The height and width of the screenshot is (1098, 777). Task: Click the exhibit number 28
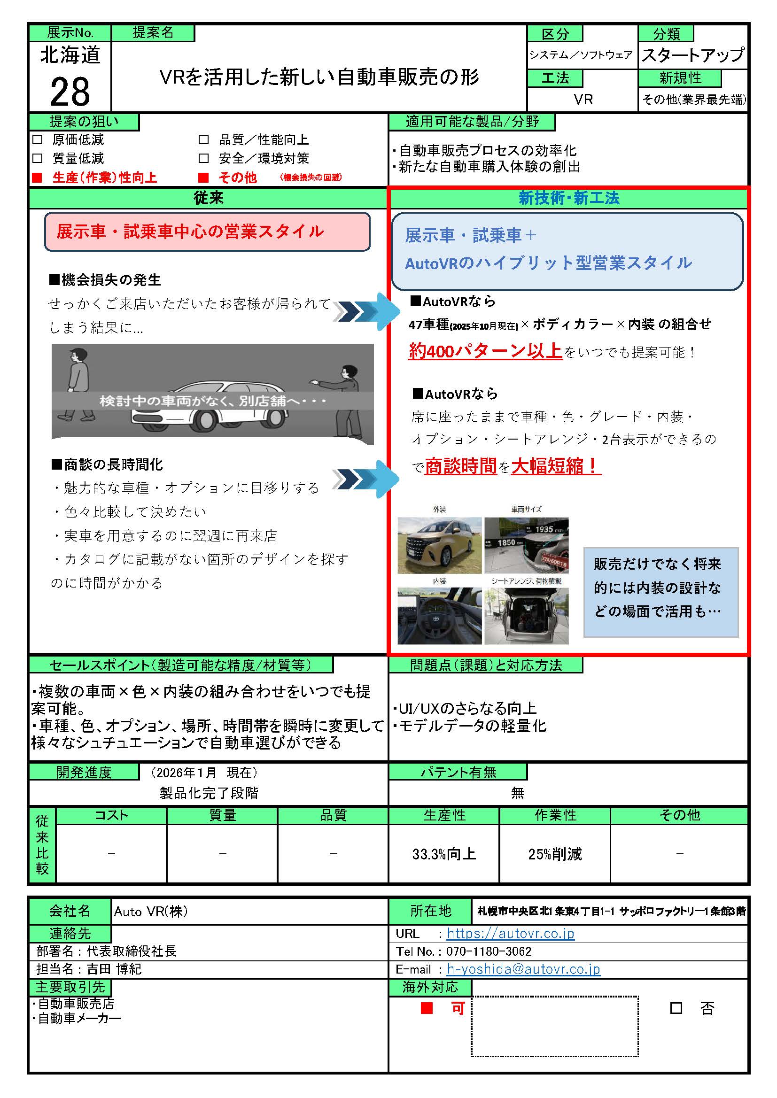(x=70, y=91)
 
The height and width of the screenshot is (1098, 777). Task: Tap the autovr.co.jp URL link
(x=510, y=933)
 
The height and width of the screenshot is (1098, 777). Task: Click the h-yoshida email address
(x=523, y=969)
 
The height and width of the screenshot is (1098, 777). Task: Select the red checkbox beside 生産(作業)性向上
(x=37, y=178)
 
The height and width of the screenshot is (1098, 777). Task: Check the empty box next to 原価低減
(x=37, y=139)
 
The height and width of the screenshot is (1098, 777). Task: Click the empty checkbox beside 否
(x=676, y=1008)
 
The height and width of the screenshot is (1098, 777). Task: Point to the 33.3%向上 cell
(x=443, y=854)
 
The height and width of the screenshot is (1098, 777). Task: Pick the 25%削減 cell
(x=554, y=854)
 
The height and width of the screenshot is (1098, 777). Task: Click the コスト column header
(x=111, y=815)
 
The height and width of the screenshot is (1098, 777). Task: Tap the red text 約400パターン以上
(x=485, y=351)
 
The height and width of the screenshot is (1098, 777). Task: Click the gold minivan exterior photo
(x=439, y=545)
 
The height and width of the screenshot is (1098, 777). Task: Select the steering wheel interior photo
(x=439, y=616)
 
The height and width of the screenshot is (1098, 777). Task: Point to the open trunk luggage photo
(x=526, y=616)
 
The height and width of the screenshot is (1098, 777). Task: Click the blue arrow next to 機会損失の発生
(x=367, y=311)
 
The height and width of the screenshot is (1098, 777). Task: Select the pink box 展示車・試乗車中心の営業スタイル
(x=207, y=232)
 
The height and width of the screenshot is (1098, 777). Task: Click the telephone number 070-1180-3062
(x=489, y=951)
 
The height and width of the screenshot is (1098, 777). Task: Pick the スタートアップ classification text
(x=692, y=55)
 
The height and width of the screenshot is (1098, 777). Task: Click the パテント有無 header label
(x=458, y=772)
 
